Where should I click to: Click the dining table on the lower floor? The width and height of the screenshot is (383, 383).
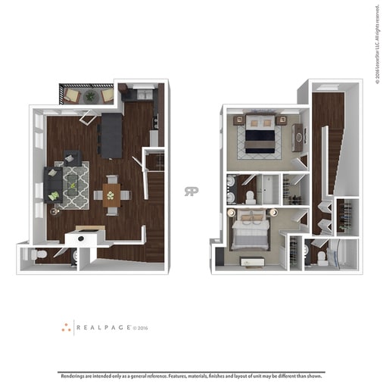(111, 195)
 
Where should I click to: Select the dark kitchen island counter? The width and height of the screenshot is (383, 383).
(111, 135)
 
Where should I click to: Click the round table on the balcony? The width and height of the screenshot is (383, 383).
(91, 96)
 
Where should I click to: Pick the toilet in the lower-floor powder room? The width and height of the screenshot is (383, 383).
(42, 254)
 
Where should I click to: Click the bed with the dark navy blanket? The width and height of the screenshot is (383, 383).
(259, 136)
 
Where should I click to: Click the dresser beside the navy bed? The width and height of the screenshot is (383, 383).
(297, 137)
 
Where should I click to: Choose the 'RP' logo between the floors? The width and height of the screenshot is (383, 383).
(191, 191)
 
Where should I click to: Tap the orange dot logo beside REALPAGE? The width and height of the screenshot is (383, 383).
(66, 328)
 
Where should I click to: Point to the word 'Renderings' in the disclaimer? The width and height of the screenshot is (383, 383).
(74, 375)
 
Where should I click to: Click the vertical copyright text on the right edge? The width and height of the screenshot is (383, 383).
(376, 45)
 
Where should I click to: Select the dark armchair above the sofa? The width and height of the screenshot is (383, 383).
(73, 159)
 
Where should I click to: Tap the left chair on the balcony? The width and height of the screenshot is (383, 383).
(71, 95)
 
